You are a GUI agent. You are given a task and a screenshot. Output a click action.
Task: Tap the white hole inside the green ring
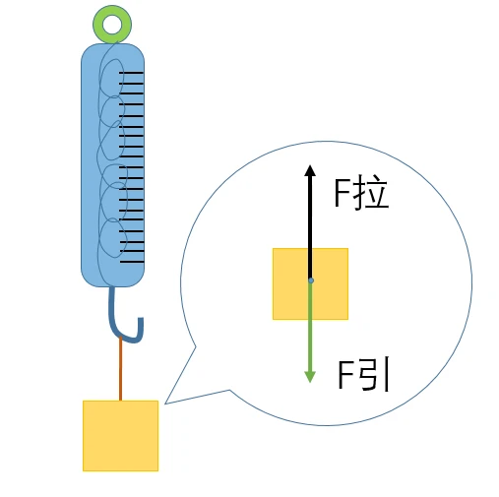coord(112,25)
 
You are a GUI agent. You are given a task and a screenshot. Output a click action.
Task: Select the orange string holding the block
coord(120,369)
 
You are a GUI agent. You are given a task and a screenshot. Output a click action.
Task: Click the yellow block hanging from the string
coord(120,436)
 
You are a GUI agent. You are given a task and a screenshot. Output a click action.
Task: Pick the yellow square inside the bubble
coord(310,283)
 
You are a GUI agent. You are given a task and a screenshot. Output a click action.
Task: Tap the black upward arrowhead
coord(310,170)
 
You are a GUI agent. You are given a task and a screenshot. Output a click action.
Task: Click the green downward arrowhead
coord(310,377)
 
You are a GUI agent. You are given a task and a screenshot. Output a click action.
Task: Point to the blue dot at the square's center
coord(311,280)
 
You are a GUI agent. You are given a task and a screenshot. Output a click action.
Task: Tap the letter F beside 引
coord(345,375)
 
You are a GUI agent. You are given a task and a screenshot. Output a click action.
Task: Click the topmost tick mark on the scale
coord(131,72)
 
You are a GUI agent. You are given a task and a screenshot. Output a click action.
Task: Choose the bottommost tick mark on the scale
coord(132,262)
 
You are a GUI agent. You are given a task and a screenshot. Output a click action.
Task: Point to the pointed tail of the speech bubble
coord(165,404)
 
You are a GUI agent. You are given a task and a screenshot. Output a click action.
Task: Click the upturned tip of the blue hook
coord(141,319)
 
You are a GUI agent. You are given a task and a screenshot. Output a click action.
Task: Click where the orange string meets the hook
coord(120,338)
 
